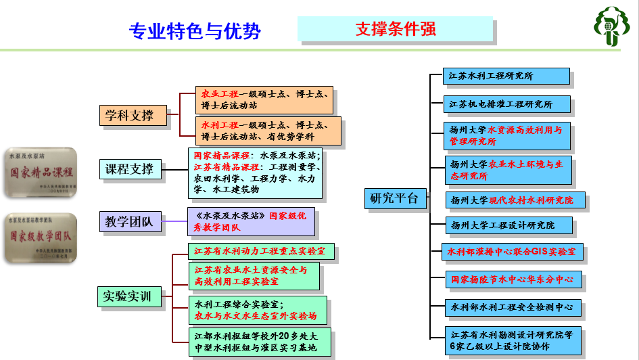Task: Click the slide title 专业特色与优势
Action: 195,31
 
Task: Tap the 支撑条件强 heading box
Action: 396,29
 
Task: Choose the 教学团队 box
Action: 129,221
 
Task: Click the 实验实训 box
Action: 128,296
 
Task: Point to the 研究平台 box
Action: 396,198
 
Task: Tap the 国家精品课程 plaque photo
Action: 40,173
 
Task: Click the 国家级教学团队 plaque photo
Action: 40,238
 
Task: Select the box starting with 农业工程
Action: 264,100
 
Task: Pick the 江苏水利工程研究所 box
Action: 506,76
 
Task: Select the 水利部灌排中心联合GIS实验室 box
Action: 512,252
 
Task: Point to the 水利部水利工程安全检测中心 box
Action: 513,308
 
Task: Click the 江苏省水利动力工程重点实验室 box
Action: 261,252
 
